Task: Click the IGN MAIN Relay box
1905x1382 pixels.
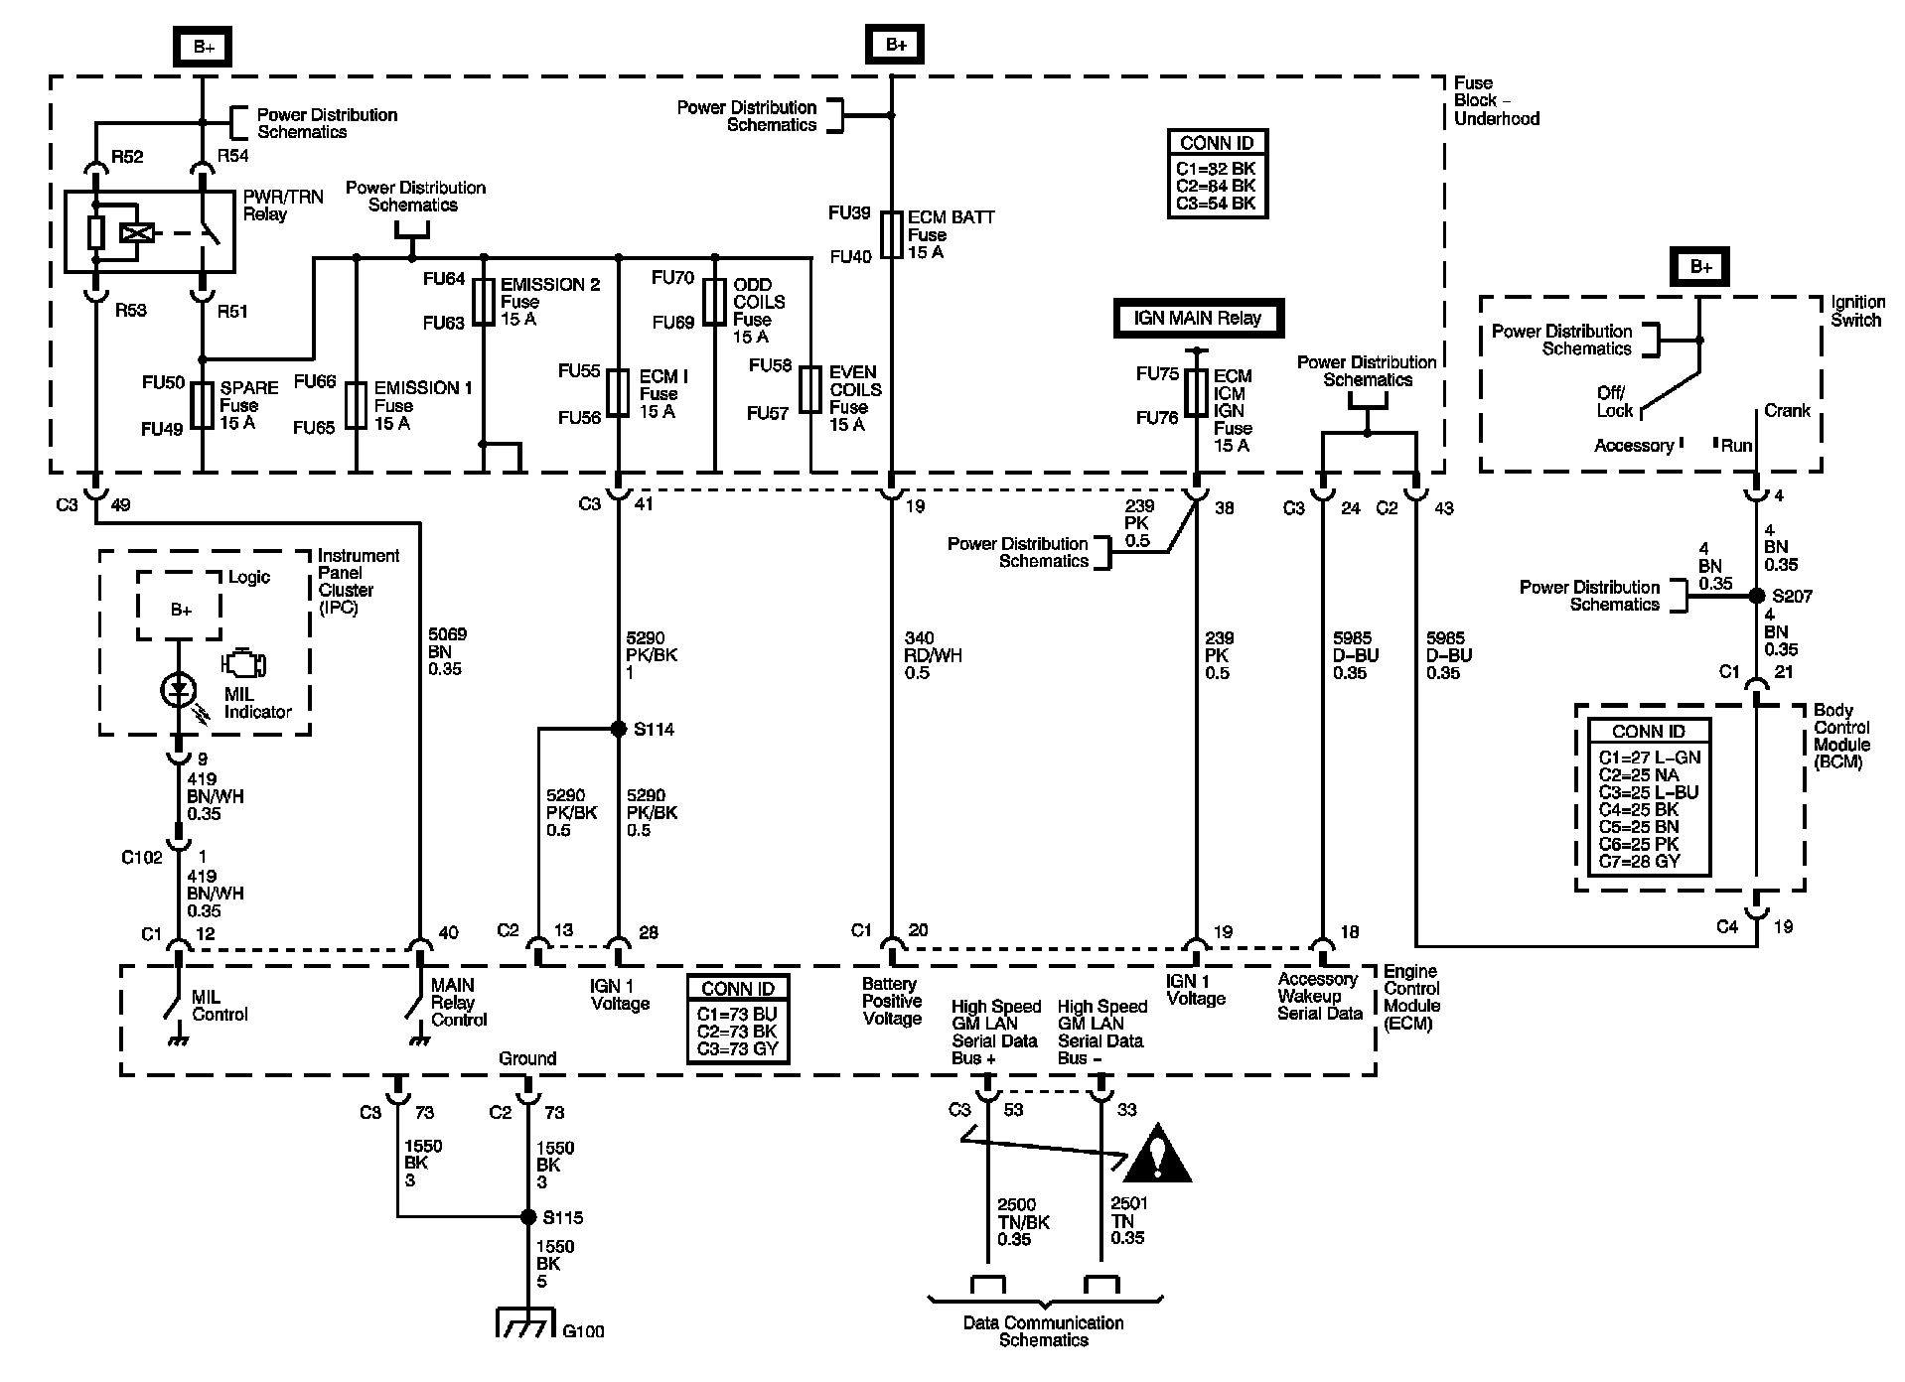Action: [1197, 319]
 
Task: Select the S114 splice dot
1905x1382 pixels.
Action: [618, 729]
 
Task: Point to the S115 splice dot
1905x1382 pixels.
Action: [527, 1216]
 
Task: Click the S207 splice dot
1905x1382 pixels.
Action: [1755, 597]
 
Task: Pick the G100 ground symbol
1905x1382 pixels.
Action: [526, 1324]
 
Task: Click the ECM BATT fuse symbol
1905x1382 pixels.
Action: [891, 234]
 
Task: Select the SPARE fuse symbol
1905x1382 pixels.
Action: [202, 405]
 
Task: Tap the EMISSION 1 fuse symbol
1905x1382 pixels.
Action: [356, 405]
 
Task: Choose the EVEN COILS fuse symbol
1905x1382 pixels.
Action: [811, 390]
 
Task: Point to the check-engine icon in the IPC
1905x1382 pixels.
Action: [243, 662]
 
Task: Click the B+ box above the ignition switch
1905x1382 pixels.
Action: [1701, 267]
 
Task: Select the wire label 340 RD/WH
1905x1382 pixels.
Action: [933, 655]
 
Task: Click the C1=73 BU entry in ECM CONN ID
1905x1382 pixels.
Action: [737, 1014]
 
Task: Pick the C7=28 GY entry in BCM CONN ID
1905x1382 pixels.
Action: [1639, 861]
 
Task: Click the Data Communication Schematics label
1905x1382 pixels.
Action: [1044, 1330]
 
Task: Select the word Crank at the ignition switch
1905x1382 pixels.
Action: [1787, 410]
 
